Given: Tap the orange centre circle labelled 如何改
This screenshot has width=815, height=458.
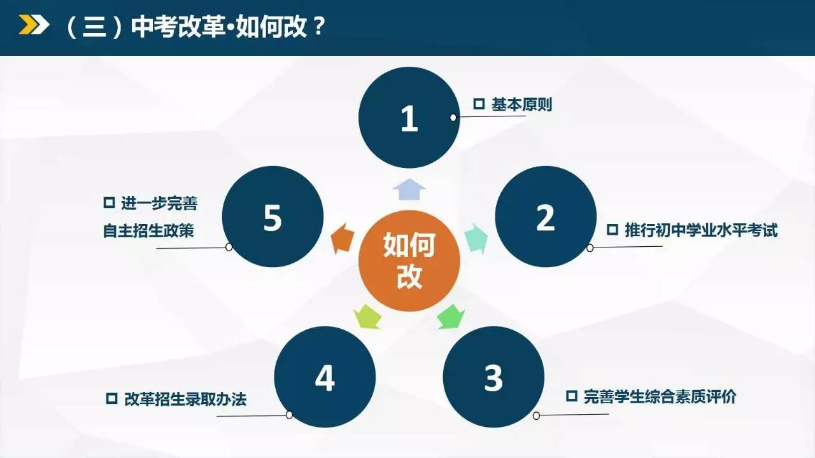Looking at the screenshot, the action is pyautogui.click(x=409, y=261).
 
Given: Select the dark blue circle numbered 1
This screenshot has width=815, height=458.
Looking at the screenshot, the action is pyautogui.click(x=409, y=118).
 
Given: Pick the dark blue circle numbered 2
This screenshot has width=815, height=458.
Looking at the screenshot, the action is pyautogui.click(x=546, y=217).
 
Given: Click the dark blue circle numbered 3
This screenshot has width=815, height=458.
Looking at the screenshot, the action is pyautogui.click(x=493, y=377).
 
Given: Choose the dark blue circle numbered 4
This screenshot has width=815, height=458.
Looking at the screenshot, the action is pyautogui.click(x=325, y=377).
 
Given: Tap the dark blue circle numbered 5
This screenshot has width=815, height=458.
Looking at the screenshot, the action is pyautogui.click(x=273, y=217).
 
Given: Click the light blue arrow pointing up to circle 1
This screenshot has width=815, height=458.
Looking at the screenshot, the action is pyautogui.click(x=409, y=190).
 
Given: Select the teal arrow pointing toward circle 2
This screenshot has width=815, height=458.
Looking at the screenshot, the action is pyautogui.click(x=477, y=239).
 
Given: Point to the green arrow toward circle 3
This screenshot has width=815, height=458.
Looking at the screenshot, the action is pyautogui.click(x=451, y=317).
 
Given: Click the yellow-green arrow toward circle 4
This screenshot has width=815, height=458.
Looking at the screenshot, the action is pyautogui.click(x=367, y=317).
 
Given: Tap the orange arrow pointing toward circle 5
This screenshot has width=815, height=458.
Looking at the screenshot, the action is pyautogui.click(x=343, y=239).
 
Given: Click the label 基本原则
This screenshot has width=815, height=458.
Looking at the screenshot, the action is pyautogui.click(x=521, y=105).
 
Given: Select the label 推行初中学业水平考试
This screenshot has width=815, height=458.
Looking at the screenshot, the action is pyautogui.click(x=701, y=230).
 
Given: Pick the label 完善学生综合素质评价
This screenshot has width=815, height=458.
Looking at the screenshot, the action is pyautogui.click(x=660, y=396).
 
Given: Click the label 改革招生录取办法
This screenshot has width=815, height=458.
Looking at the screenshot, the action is pyautogui.click(x=185, y=399).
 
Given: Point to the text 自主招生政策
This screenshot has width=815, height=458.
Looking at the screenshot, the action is pyautogui.click(x=148, y=231).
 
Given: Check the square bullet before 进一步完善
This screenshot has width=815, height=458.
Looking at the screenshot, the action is pyautogui.click(x=109, y=202).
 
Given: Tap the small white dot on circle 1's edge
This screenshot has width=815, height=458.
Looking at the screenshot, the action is pyautogui.click(x=453, y=118).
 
